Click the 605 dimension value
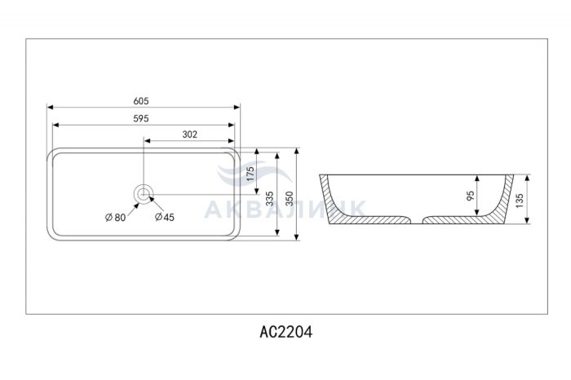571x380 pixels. tap(141, 101)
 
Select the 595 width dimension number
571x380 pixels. tap(141, 118)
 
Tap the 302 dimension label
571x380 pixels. tap(190, 135)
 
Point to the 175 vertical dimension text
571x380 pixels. tap(250, 174)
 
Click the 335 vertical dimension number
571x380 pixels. tap(269, 199)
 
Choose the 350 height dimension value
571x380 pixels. tap(289, 199)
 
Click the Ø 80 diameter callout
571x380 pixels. tap(115, 218)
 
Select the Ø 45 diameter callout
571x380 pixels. tap(165, 217)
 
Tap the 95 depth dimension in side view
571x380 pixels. tap(471, 196)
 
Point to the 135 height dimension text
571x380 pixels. tap(520, 201)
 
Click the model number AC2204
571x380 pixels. tap(285, 332)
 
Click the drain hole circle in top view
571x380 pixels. tap(144, 194)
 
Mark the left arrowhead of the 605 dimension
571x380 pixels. tap(51, 107)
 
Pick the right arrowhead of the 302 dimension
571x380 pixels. tap(231, 141)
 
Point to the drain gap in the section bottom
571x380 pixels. tap(417, 220)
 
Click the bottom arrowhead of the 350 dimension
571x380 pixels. tap(297, 237)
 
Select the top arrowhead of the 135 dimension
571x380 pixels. tap(528, 178)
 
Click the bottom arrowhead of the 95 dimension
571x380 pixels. tap(477, 213)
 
